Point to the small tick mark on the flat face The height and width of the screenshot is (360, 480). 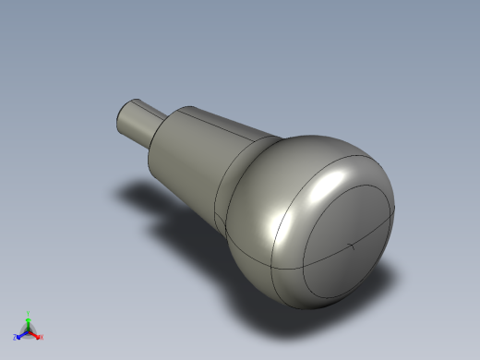tap(352, 246)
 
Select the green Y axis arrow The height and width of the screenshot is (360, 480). tap(28, 321)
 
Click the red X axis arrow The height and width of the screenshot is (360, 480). tap(35, 335)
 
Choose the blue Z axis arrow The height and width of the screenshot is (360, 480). tap(21, 334)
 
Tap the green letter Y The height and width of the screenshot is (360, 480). tap(29, 313)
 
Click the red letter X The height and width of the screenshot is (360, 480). tap(41, 337)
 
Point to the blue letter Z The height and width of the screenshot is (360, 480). tap(15, 338)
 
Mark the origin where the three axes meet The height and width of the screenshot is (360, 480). tap(28, 330)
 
